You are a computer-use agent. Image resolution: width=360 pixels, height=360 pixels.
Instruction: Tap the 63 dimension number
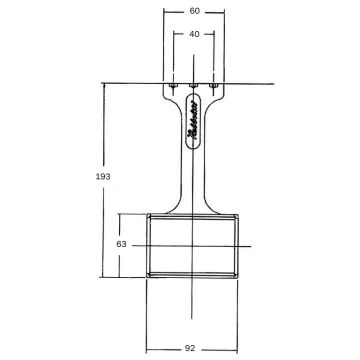coord(121,243)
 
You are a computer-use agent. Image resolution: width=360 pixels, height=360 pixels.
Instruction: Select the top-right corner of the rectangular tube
coord(238,213)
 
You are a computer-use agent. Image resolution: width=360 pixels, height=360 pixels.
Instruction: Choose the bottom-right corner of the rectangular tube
coord(238,275)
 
